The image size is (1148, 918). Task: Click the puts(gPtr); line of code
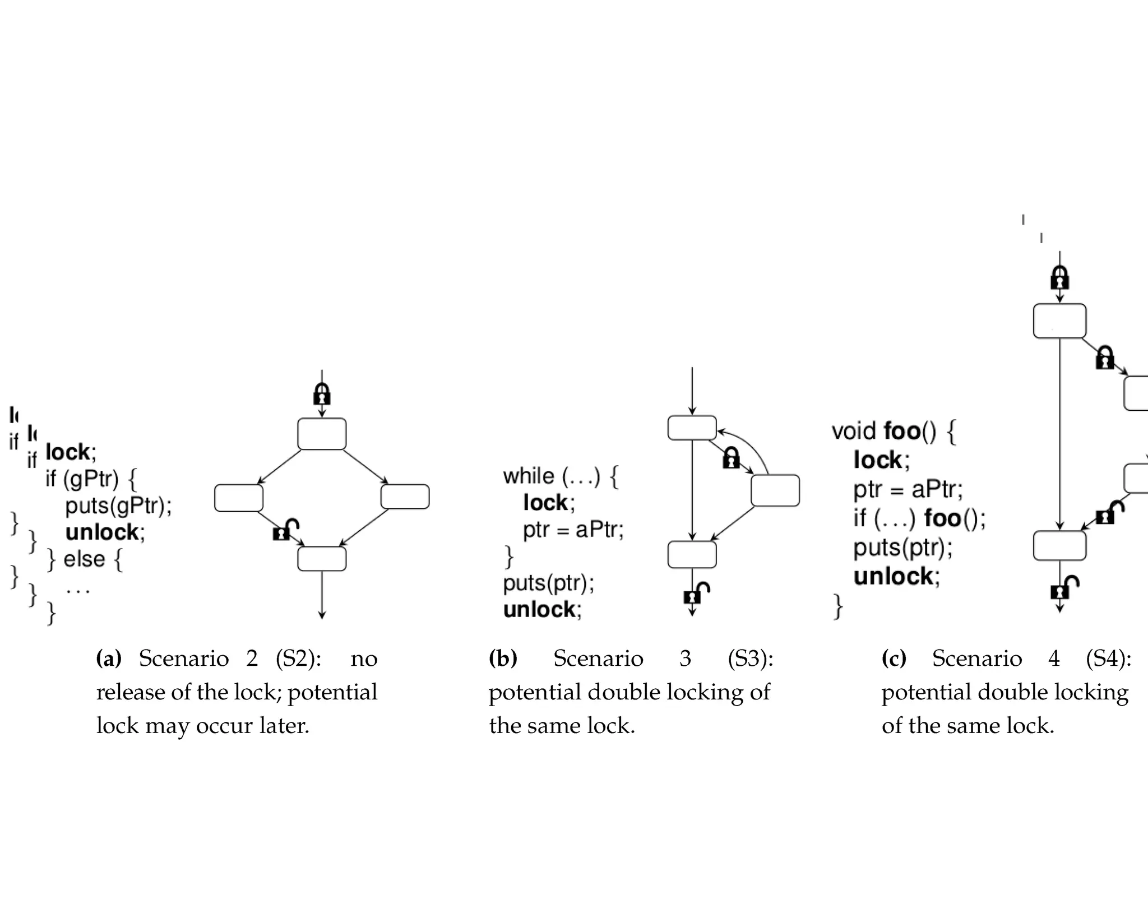118,506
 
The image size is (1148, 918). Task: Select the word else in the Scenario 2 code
84,559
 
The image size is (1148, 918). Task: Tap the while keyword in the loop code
529,476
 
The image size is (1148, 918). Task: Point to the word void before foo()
853,432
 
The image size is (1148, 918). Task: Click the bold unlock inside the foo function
896,576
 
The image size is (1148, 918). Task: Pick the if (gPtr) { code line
91,479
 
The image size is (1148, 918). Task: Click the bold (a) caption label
109,659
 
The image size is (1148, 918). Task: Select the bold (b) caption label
503,659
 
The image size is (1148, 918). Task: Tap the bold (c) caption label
894,659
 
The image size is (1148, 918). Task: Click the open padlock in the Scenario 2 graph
285,530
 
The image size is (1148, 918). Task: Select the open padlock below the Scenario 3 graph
696,593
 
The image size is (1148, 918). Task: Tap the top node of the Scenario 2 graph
322,434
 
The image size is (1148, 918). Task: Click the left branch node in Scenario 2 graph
239,498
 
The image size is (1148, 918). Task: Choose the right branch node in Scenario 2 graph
405,497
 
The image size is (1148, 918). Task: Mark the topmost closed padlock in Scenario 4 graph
1059,278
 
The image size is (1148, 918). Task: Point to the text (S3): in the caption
750,659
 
